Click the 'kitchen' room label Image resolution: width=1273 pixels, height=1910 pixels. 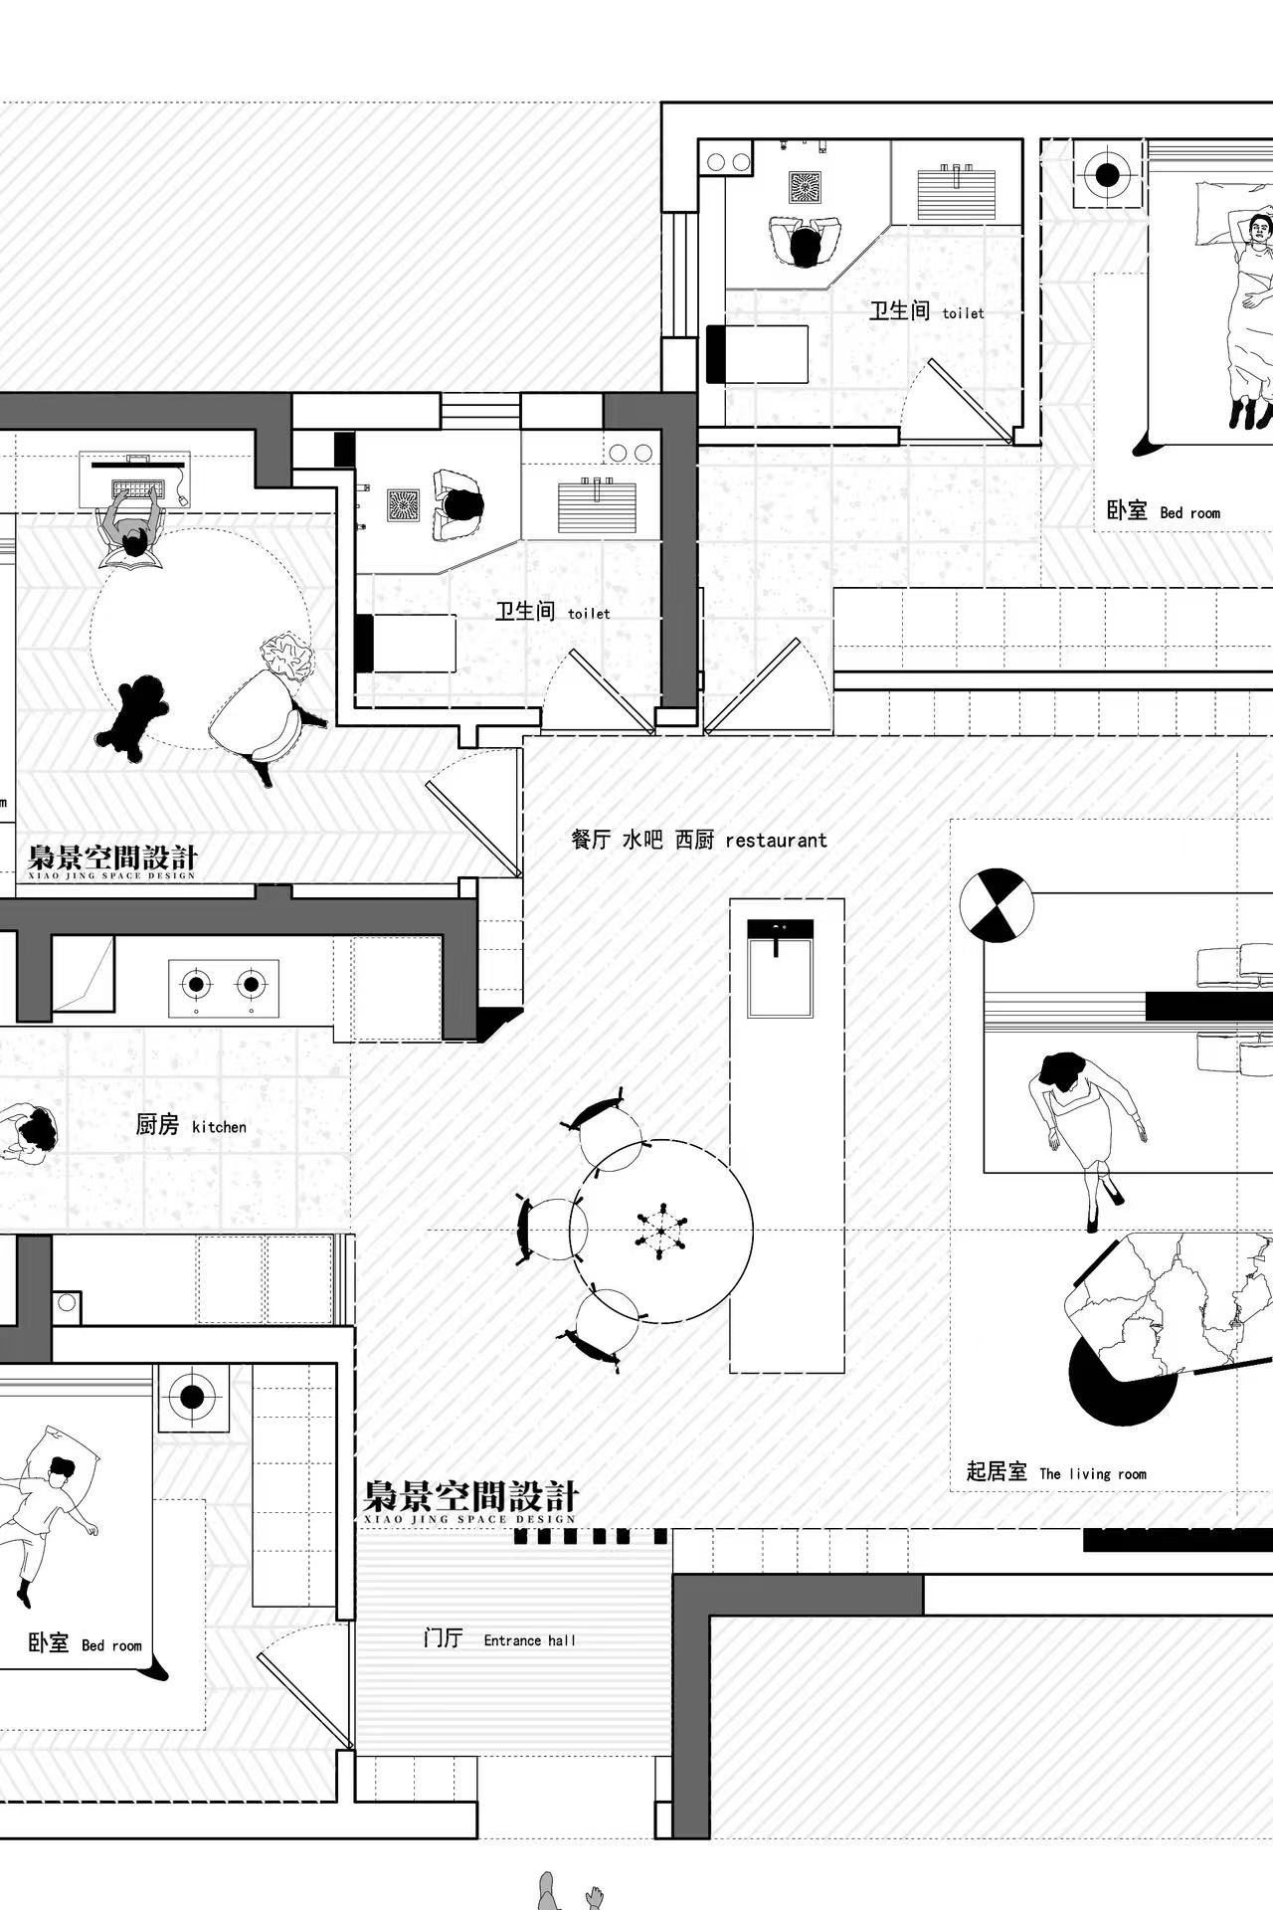[x=219, y=1126]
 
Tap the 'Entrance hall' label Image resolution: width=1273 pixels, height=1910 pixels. [x=529, y=1640]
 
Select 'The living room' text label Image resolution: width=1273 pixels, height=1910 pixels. [x=1093, y=1473]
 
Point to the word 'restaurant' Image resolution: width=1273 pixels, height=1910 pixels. [x=776, y=840]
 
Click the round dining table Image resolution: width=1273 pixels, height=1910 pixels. [x=660, y=1231]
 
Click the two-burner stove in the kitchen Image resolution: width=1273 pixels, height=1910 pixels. [x=224, y=987]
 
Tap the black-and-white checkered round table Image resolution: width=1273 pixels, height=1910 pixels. [x=997, y=905]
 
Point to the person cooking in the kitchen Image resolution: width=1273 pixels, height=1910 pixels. [x=28, y=1134]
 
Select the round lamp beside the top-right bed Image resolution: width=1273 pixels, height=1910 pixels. [x=1108, y=176]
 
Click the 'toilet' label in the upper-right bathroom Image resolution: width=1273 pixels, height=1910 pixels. [x=963, y=313]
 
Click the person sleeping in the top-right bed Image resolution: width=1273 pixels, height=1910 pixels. [x=1251, y=318]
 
